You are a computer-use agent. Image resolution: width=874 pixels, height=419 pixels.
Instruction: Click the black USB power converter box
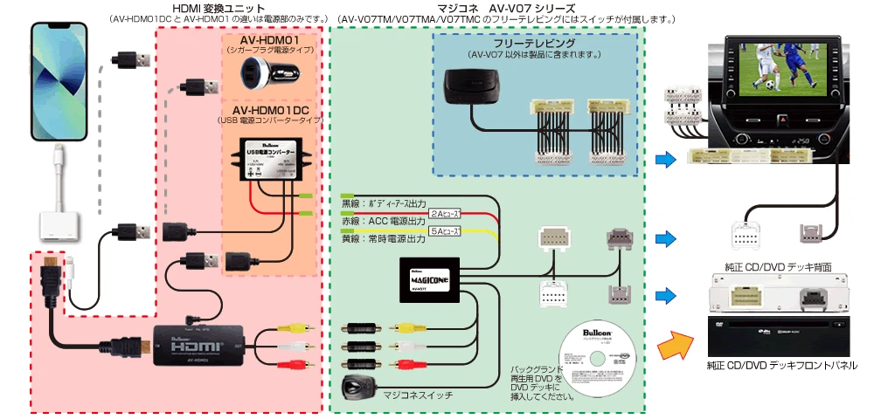coord(272,163)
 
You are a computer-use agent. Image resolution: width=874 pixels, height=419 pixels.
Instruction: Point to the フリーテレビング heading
coord(533,43)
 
